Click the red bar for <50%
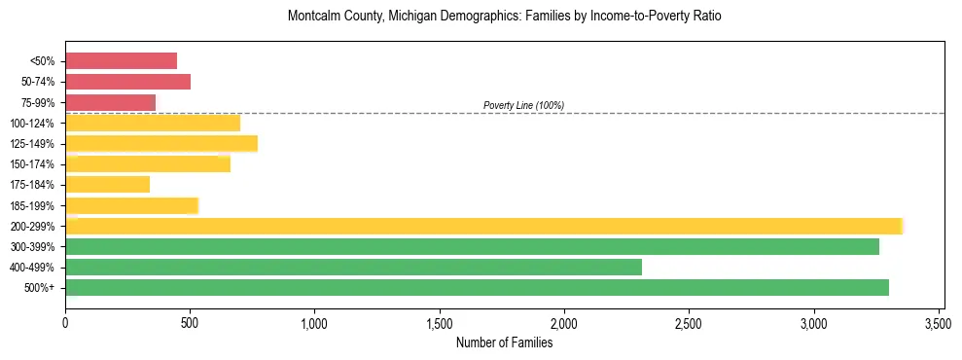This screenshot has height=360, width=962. [x=121, y=61]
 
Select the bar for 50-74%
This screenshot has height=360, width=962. [x=127, y=82]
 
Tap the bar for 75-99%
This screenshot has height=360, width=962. [x=110, y=102]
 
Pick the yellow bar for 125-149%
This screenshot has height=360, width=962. [x=161, y=144]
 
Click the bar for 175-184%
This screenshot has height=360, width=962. [x=107, y=185]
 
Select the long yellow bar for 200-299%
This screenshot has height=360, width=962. [x=483, y=226]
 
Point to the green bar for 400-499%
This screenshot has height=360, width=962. [x=353, y=267]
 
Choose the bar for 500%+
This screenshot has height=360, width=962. [x=477, y=288]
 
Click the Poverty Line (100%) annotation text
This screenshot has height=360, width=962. [x=523, y=105]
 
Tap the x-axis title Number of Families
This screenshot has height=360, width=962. [x=504, y=342]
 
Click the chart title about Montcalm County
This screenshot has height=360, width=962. [x=504, y=18]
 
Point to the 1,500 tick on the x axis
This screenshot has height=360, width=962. [x=440, y=322]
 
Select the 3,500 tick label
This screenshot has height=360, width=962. [x=939, y=322]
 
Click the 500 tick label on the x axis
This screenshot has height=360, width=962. [x=190, y=322]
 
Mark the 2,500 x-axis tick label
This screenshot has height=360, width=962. [x=689, y=322]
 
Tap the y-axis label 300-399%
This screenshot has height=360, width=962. [x=34, y=247]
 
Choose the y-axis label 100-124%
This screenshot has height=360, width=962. [x=34, y=124]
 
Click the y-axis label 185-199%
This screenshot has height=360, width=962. [x=34, y=206]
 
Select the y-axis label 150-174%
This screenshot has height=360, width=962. [x=34, y=164]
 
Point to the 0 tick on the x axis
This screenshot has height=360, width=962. [x=65, y=322]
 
